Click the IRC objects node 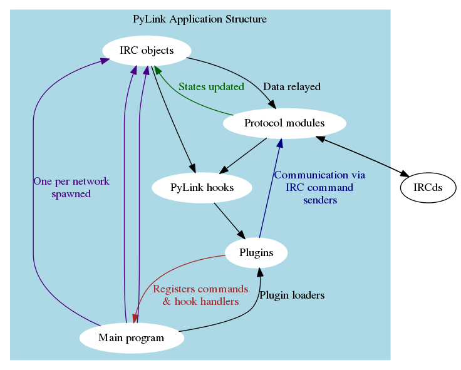[x=147, y=51]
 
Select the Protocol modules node [x=284, y=123]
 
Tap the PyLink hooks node [x=202, y=187]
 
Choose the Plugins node [x=256, y=253]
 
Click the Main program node [x=131, y=338]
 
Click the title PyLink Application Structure [x=200, y=19]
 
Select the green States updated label [x=211, y=87]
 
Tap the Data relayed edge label [x=292, y=87]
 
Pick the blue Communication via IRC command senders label [x=319, y=188]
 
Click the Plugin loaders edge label [x=292, y=295]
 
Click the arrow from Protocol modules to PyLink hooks [x=244, y=154]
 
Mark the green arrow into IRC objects [x=188, y=100]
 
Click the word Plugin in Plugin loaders [x=274, y=295]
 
